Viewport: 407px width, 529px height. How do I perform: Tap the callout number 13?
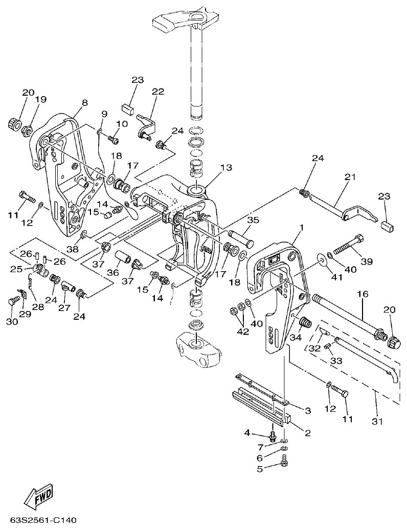pos(226,168)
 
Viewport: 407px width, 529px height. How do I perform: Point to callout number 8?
pos(85,102)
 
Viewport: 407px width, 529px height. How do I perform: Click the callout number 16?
pos(363,296)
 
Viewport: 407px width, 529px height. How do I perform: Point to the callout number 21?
pos(350,177)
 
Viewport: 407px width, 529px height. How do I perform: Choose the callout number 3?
pos(308,410)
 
